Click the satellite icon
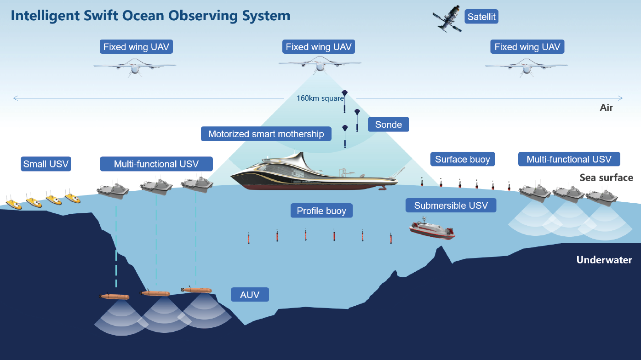(x=447, y=19)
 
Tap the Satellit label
(x=481, y=17)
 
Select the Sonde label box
(x=388, y=125)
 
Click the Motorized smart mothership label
(x=266, y=134)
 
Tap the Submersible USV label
(x=451, y=206)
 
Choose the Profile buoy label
(x=321, y=211)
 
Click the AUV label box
(x=250, y=294)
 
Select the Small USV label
(x=46, y=164)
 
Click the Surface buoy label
(x=463, y=160)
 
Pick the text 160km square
(x=320, y=98)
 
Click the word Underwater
(x=604, y=260)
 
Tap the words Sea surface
(x=606, y=177)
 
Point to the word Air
(x=606, y=108)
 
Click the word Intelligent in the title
(x=40, y=16)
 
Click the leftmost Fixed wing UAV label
(x=137, y=47)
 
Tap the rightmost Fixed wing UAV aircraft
(x=527, y=67)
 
